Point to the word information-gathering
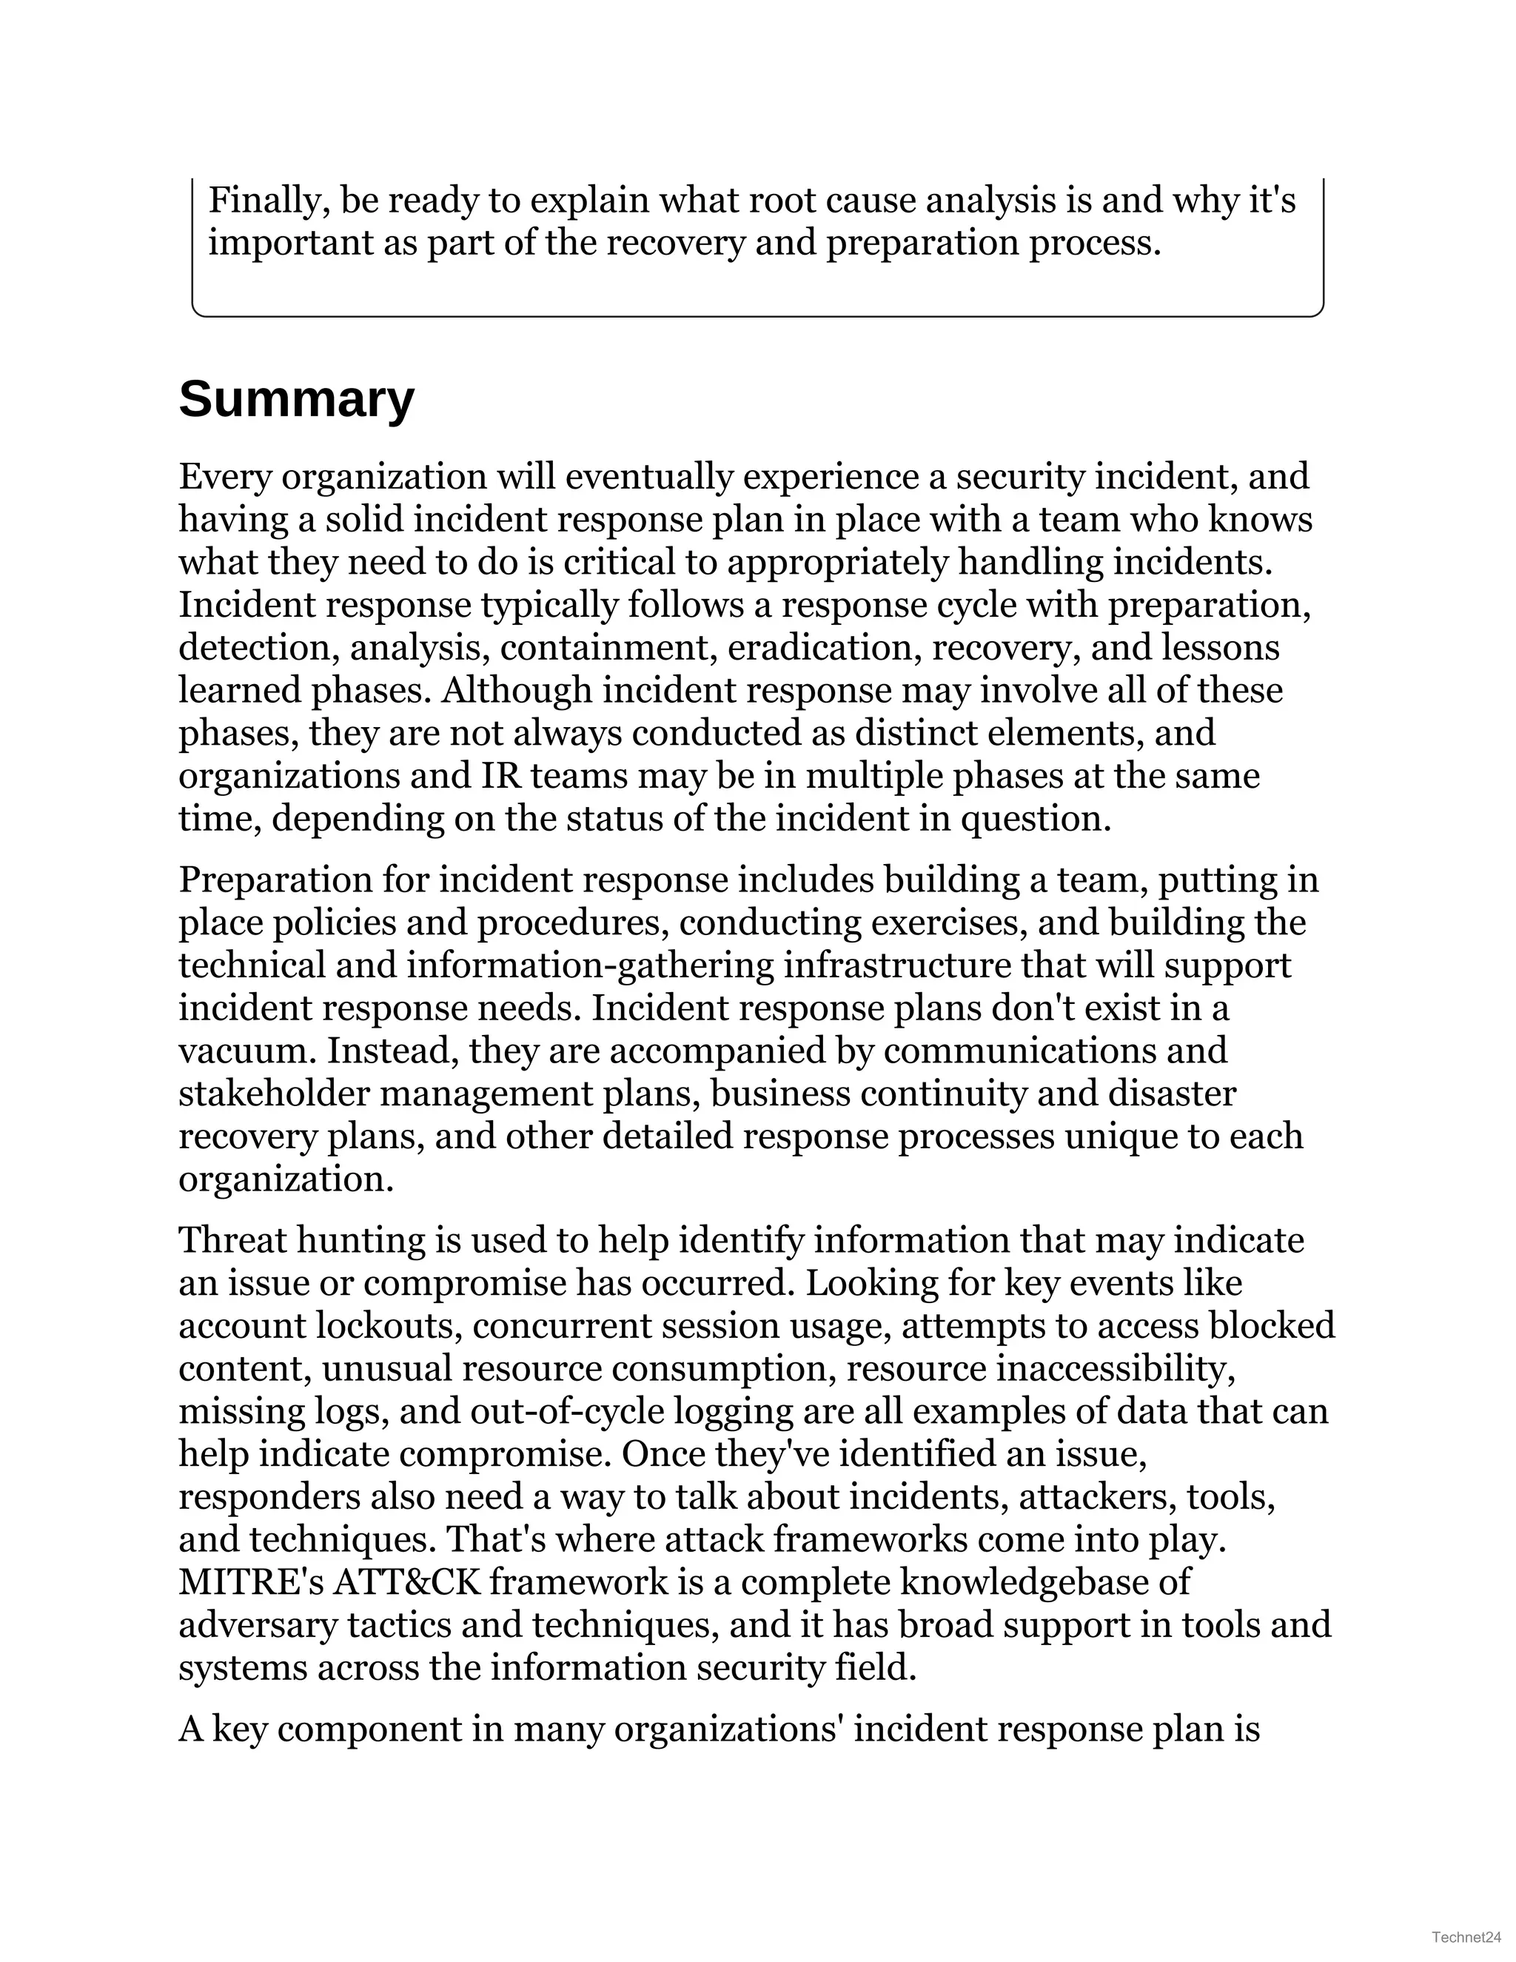click(x=589, y=965)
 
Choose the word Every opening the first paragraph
click(x=224, y=476)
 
